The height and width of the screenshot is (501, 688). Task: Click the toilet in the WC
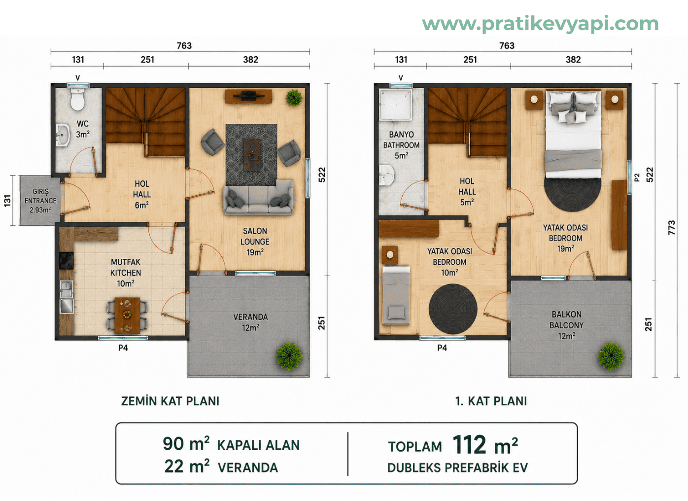[77, 99]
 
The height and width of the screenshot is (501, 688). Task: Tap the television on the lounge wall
[248, 96]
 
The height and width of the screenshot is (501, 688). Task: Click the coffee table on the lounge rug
[252, 154]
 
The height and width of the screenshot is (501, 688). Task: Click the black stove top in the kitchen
[67, 261]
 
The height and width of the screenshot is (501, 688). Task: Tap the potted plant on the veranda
[289, 356]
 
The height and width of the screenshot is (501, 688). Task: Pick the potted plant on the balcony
[611, 356]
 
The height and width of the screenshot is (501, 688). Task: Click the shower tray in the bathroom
[395, 105]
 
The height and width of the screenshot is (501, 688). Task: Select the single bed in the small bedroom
[396, 295]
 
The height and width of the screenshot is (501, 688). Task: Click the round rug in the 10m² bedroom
[453, 309]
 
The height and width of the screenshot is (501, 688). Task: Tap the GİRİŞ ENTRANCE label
[40, 201]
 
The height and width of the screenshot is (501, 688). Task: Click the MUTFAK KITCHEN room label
[126, 273]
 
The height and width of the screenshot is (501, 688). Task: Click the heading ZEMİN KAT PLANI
[170, 401]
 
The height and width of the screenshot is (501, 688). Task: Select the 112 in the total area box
[469, 444]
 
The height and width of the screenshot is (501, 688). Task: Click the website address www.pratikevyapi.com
[541, 24]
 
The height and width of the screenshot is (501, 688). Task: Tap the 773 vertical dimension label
[671, 227]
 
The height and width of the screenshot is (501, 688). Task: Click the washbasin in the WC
[63, 135]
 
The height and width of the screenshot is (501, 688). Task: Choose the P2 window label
[637, 178]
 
